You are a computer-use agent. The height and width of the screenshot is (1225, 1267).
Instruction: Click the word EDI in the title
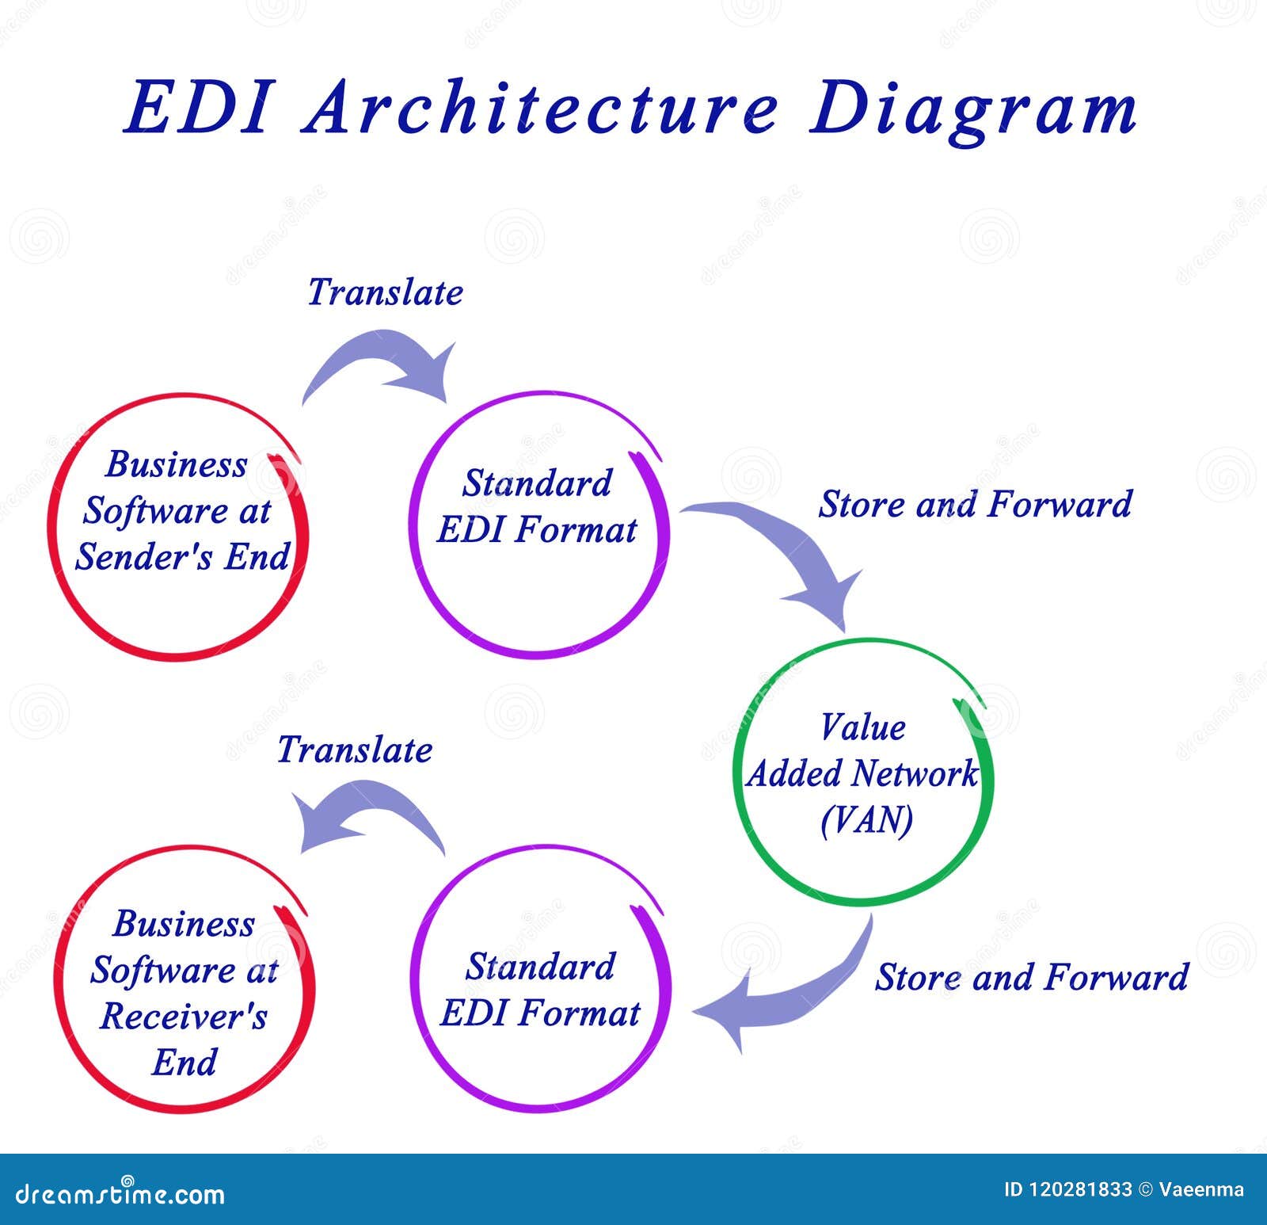(x=198, y=107)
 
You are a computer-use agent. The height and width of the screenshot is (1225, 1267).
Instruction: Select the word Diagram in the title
(x=973, y=109)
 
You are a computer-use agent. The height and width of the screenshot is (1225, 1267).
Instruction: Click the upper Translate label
(x=385, y=292)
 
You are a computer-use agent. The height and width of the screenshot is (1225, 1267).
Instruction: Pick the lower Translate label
(x=355, y=750)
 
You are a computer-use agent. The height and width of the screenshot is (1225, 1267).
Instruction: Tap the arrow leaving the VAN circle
(x=792, y=990)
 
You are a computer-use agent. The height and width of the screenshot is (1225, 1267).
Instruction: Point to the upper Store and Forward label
(x=975, y=505)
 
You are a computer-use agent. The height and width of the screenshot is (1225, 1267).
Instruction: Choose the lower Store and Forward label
(x=1031, y=977)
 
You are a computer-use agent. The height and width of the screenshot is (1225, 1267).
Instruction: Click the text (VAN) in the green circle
(x=866, y=819)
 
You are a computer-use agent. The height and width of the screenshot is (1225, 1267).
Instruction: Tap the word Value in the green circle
(x=862, y=727)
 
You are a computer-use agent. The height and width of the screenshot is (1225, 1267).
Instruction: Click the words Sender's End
(x=182, y=557)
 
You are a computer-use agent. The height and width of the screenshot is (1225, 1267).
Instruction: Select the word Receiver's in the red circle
(x=184, y=1017)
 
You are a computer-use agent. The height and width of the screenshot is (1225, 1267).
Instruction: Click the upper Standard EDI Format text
(x=537, y=507)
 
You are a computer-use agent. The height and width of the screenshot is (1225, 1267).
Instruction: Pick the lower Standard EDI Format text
(x=540, y=990)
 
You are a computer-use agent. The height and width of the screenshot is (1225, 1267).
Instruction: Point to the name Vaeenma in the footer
(x=1201, y=1189)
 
